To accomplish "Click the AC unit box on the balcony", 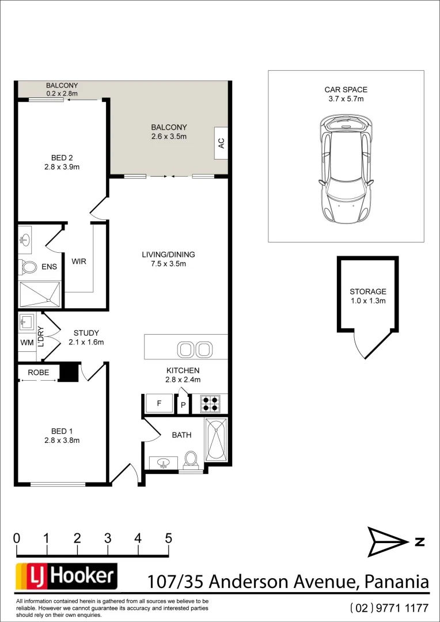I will click(x=221, y=143).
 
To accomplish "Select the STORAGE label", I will click(x=367, y=291).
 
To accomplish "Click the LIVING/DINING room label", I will click(x=168, y=255).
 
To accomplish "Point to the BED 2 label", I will click(x=62, y=158).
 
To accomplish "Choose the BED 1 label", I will click(x=62, y=431).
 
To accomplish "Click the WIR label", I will click(x=79, y=261).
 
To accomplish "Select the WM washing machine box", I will click(x=26, y=343).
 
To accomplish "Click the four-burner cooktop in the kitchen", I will click(x=210, y=403).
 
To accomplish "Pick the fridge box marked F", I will click(x=158, y=404).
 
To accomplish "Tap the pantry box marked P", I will click(x=183, y=405).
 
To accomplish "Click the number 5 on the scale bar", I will click(x=168, y=538).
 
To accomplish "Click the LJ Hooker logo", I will click(x=66, y=577).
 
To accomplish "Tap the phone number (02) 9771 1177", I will click(x=389, y=608).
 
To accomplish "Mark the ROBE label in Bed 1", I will click(x=38, y=373).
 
